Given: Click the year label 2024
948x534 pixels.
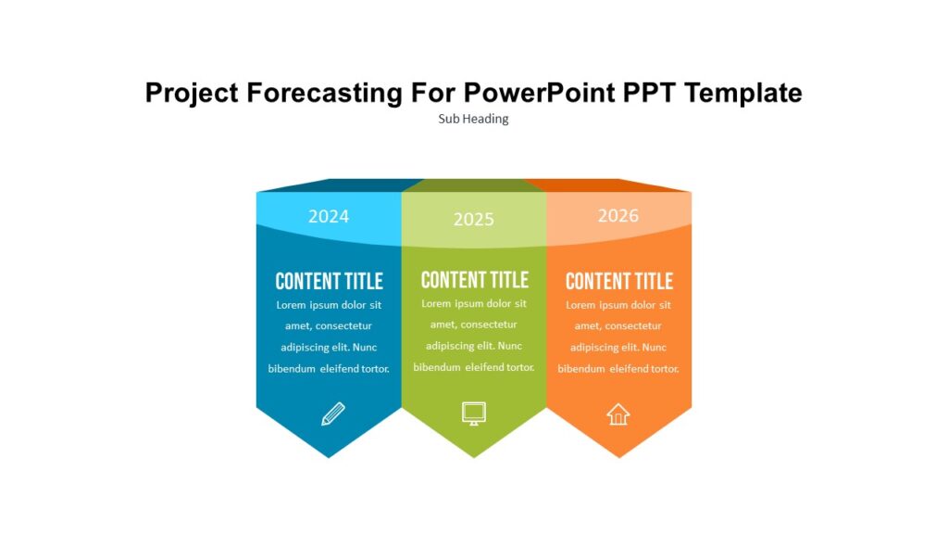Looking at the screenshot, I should click(329, 216).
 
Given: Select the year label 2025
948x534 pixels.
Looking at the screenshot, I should click(473, 219).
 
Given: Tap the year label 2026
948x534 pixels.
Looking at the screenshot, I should click(617, 215).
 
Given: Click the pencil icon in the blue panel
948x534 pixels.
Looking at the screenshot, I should click(332, 413).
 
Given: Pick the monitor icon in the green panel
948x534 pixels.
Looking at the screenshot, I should click(474, 413).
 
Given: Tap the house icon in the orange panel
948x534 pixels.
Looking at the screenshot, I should click(617, 413).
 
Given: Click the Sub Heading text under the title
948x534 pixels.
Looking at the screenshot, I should click(473, 119).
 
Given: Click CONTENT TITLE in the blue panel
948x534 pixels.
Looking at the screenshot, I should click(329, 281).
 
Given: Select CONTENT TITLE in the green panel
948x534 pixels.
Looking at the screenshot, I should click(474, 280).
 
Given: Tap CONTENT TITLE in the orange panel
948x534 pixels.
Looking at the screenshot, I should click(618, 281).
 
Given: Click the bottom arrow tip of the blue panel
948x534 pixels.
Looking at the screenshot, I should click(329, 455).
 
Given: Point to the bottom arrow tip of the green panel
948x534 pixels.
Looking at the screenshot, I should click(474, 455).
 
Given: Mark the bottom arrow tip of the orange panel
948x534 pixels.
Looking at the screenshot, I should click(618, 455).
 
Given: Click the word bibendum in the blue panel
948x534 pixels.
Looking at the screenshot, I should click(293, 368).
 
